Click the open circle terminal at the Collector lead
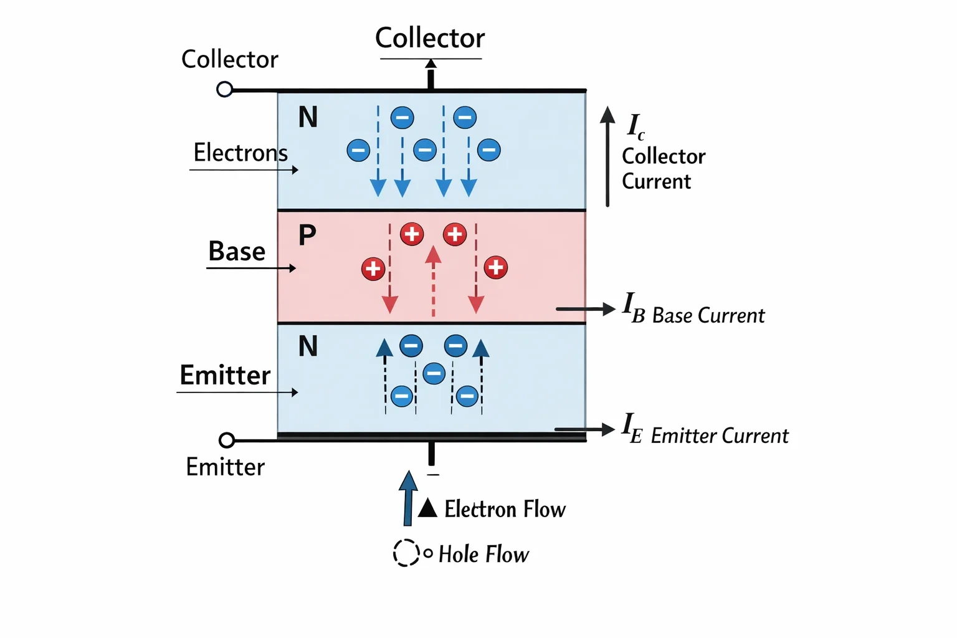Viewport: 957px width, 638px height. click(224, 89)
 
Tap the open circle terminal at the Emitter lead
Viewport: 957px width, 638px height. click(226, 440)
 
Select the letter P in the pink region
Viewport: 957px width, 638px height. click(307, 235)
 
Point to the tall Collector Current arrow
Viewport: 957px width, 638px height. click(607, 156)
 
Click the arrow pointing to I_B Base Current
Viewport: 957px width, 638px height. click(586, 308)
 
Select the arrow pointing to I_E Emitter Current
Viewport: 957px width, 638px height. click(585, 429)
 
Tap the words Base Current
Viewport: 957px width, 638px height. click(708, 316)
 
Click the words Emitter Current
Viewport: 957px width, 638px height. click(720, 436)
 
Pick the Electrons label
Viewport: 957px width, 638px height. click(240, 153)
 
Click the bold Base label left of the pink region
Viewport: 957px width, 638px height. click(237, 251)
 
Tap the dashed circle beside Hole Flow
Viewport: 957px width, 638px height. click(406, 553)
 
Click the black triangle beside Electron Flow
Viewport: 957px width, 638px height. click(427, 508)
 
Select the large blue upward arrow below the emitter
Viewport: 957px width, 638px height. click(409, 498)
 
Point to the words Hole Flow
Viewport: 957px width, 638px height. click(483, 555)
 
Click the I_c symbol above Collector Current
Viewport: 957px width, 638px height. click(636, 126)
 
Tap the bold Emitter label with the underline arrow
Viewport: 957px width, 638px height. click(225, 375)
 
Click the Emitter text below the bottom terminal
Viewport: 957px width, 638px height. click(225, 467)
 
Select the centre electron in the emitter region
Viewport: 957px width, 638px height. click(434, 373)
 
